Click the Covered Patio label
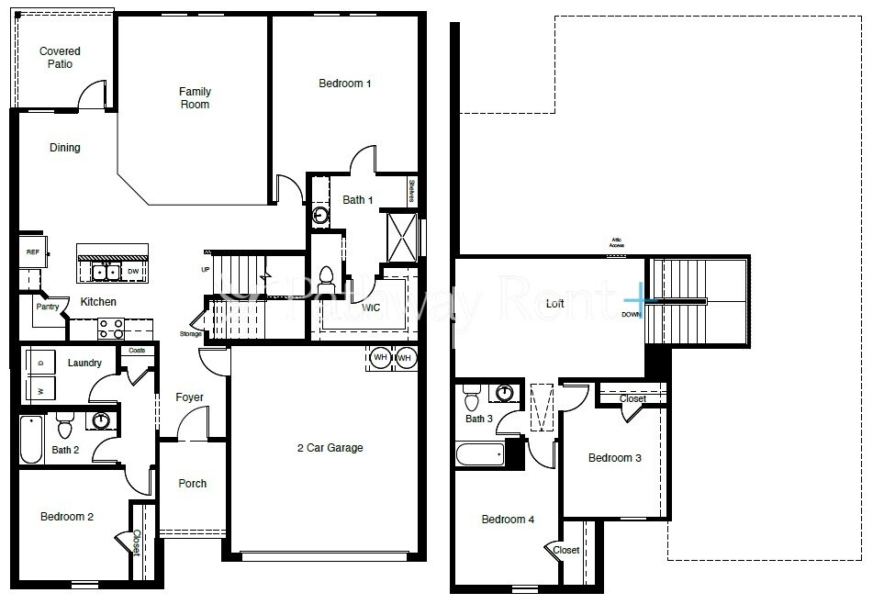pos(60,58)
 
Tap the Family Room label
pos(195,98)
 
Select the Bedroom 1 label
pos(344,84)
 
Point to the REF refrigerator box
pos(32,252)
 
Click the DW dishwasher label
pos(133,272)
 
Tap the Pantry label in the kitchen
pos(47,308)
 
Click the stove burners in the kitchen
pos(111,329)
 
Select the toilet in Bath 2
pos(64,428)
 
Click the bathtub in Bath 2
pos(31,442)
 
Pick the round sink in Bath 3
pos(503,394)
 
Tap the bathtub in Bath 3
pos(479,453)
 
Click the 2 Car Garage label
pos(330,448)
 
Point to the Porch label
pos(192,484)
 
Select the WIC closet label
pos(371,308)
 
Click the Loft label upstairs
pos(554,303)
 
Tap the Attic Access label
pos(616,243)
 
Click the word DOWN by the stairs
pos(631,315)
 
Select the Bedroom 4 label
pos(508,520)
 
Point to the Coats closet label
pos(137,351)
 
